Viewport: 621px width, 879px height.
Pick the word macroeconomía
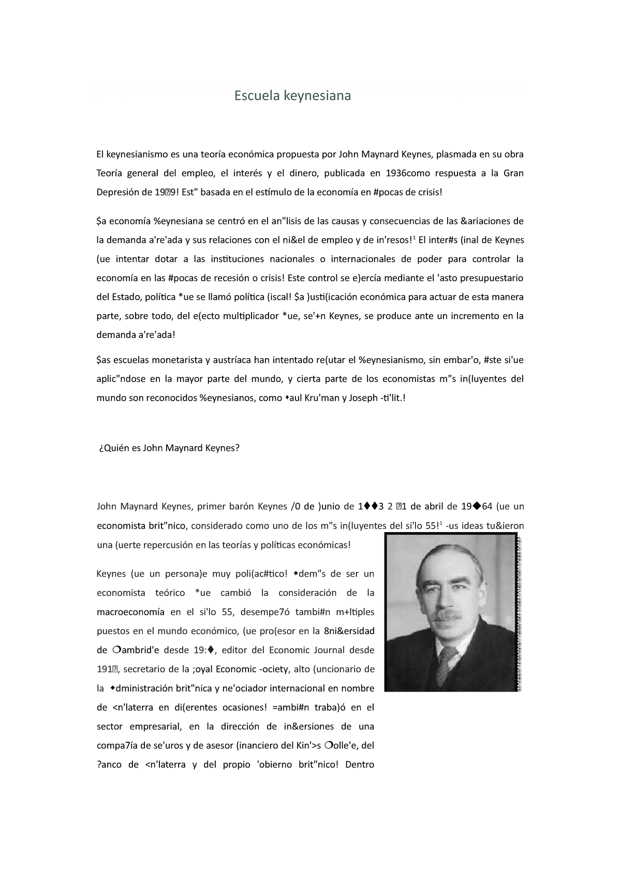click(x=130, y=612)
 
